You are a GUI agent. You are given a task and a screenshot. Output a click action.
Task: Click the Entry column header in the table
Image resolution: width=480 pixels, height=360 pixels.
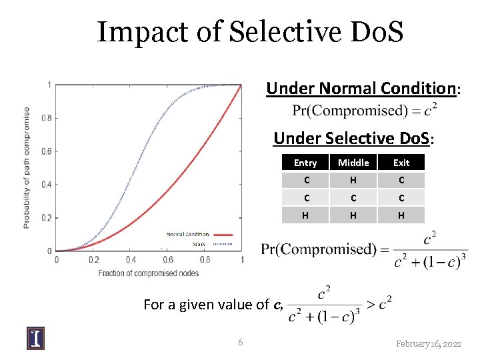(x=305, y=163)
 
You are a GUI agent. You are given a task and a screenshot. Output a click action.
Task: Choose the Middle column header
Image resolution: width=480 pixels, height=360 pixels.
(x=353, y=163)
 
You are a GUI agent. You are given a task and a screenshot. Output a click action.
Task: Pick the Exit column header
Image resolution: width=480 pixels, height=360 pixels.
(x=401, y=163)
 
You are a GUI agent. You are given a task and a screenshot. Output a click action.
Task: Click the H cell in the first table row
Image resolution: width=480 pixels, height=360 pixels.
(x=353, y=180)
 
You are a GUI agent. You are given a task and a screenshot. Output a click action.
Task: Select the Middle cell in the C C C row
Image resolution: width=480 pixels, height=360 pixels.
(x=353, y=198)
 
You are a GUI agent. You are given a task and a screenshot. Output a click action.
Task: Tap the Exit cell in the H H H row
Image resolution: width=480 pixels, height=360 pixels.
(x=401, y=215)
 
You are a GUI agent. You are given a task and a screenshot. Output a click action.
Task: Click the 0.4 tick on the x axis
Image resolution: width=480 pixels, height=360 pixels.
(x=131, y=260)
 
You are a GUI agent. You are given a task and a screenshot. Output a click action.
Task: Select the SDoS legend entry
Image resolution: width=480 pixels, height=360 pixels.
(x=199, y=244)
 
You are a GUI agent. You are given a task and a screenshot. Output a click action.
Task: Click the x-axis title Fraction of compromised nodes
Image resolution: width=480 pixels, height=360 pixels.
(x=149, y=273)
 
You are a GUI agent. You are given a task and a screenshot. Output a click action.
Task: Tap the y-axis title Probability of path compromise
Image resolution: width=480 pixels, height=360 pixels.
(x=27, y=167)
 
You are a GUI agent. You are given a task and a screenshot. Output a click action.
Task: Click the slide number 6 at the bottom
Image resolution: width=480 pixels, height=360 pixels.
(x=240, y=343)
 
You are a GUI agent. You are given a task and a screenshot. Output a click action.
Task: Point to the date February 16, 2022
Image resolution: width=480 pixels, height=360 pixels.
(x=428, y=343)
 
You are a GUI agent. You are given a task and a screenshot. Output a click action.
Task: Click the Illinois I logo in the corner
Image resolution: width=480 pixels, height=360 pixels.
(x=36, y=338)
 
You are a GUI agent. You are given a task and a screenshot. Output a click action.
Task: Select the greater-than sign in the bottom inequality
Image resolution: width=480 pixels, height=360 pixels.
(x=370, y=304)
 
